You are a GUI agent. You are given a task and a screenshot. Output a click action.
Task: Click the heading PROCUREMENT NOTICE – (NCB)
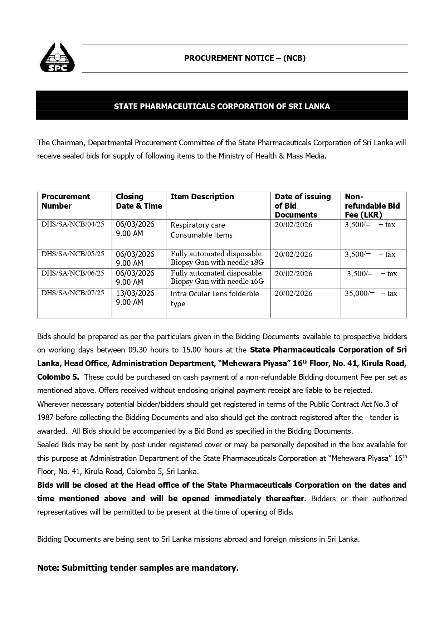[x=245, y=58]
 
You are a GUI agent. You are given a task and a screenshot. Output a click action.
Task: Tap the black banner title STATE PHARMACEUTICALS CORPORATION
[x=222, y=106]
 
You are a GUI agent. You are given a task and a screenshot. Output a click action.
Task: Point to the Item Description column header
[x=202, y=197]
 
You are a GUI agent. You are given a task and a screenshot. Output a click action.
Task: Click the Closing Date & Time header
[x=139, y=201]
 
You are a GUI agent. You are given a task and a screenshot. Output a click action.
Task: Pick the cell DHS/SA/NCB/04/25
[x=73, y=224]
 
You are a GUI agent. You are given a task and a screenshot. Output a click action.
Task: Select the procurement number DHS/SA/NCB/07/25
[x=73, y=293]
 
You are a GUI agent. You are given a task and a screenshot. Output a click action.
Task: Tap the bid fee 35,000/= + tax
[x=371, y=293]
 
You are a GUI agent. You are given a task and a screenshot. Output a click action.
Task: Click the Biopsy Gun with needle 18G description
[x=217, y=258]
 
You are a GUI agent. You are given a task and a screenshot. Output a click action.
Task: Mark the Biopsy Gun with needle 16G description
[x=217, y=277]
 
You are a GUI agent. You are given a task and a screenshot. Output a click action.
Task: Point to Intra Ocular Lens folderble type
[x=215, y=298]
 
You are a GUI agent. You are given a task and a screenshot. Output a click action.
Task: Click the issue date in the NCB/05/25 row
[x=293, y=254]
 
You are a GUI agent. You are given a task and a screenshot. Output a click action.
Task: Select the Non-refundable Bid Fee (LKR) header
[x=372, y=206]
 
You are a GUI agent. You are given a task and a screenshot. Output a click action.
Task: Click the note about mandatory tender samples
[x=138, y=568]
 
